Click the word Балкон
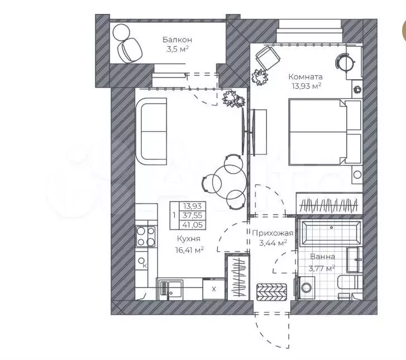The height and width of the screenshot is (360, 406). pyautogui.click(x=178, y=40)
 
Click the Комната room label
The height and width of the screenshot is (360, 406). pyautogui.click(x=304, y=76)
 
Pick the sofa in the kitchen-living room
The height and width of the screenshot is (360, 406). pyautogui.click(x=152, y=131)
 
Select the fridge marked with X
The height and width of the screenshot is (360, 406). pyautogui.click(x=213, y=289)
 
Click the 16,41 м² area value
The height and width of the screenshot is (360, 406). pyautogui.click(x=187, y=249)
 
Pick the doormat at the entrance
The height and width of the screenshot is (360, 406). pyautogui.click(x=271, y=291)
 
